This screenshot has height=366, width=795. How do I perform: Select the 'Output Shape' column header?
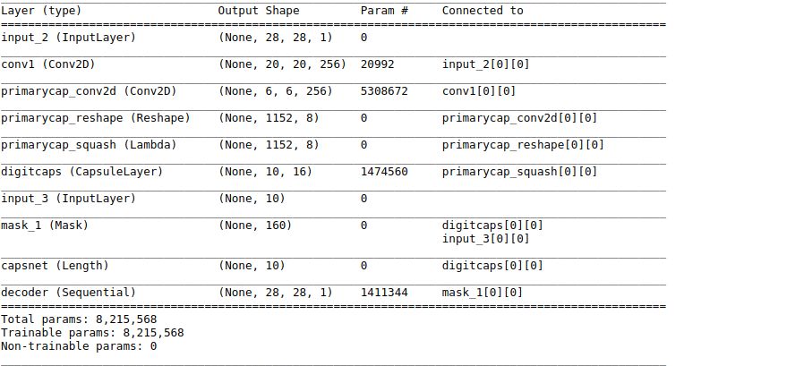(x=259, y=11)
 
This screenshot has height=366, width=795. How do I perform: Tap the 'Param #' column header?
(x=384, y=11)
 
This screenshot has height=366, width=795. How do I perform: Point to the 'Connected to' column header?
(x=483, y=11)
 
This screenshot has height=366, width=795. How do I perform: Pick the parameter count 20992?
(x=377, y=64)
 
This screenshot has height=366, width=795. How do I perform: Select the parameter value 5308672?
(x=384, y=91)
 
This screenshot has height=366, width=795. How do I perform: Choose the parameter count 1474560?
(x=384, y=171)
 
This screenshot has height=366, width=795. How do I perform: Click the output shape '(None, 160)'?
(x=255, y=226)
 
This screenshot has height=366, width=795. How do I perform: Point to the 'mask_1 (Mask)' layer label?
(x=44, y=226)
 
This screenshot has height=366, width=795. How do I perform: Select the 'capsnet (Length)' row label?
(x=54, y=265)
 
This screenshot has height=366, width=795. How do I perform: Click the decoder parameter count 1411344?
(x=384, y=292)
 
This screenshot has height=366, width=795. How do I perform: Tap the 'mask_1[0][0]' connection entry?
(x=483, y=292)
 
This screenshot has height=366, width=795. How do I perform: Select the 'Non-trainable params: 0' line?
(x=79, y=345)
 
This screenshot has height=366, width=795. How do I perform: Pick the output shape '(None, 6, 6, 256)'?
(x=274, y=91)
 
